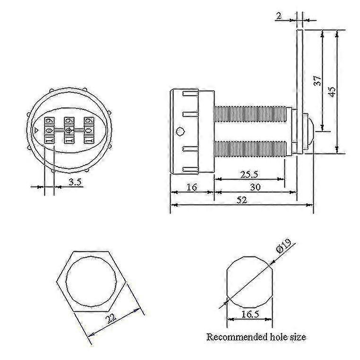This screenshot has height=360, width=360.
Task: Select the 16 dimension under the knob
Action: tap(191, 187)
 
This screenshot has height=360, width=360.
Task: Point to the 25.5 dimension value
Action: tap(249, 174)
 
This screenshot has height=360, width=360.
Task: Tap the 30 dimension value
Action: tap(255, 187)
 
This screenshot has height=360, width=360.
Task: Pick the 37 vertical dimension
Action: tap(317, 80)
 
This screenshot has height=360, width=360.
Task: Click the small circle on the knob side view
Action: tap(180, 131)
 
